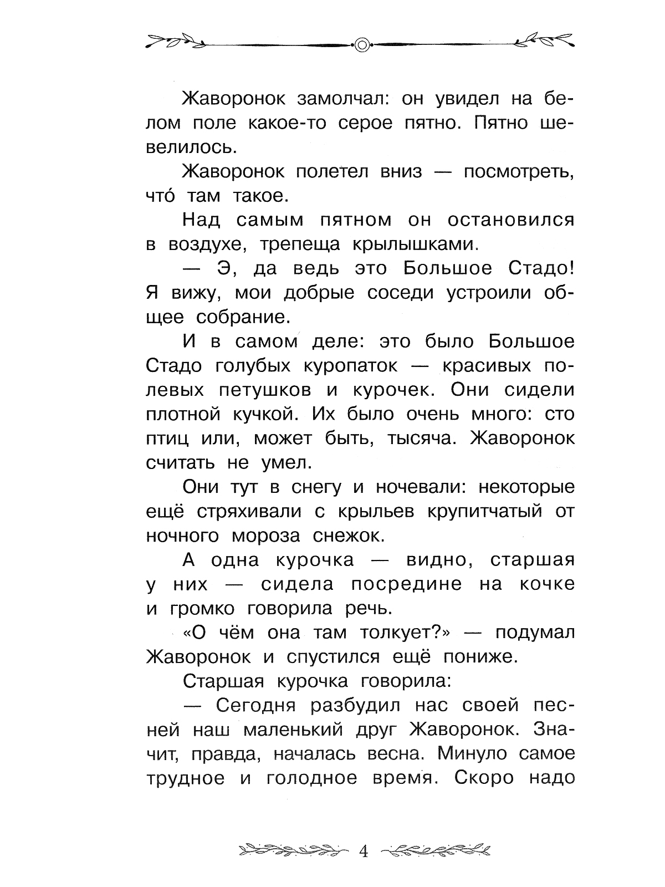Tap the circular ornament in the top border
361,44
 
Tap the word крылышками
409,245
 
